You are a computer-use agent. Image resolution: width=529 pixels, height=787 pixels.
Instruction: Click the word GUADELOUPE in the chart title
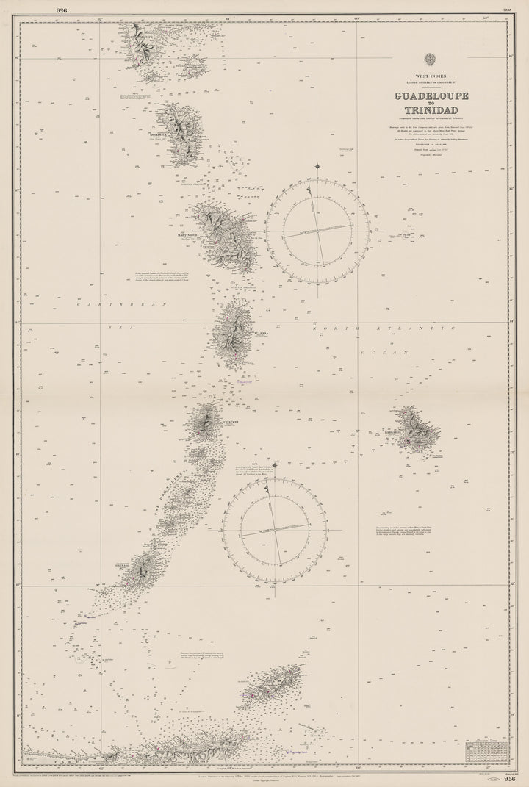point(431,96)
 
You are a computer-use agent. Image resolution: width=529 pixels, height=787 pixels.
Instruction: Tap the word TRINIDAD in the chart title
point(431,110)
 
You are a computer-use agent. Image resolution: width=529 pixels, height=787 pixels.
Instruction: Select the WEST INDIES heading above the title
point(431,76)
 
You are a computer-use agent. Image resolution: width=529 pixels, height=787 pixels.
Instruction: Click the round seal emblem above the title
point(431,60)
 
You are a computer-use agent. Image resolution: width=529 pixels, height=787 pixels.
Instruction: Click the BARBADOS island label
point(392,433)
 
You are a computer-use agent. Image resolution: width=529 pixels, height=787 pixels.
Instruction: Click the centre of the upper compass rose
point(317,231)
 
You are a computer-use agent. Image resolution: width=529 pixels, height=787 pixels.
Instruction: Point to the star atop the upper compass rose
point(317,166)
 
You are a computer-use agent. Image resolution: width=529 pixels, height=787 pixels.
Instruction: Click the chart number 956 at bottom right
point(511,780)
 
